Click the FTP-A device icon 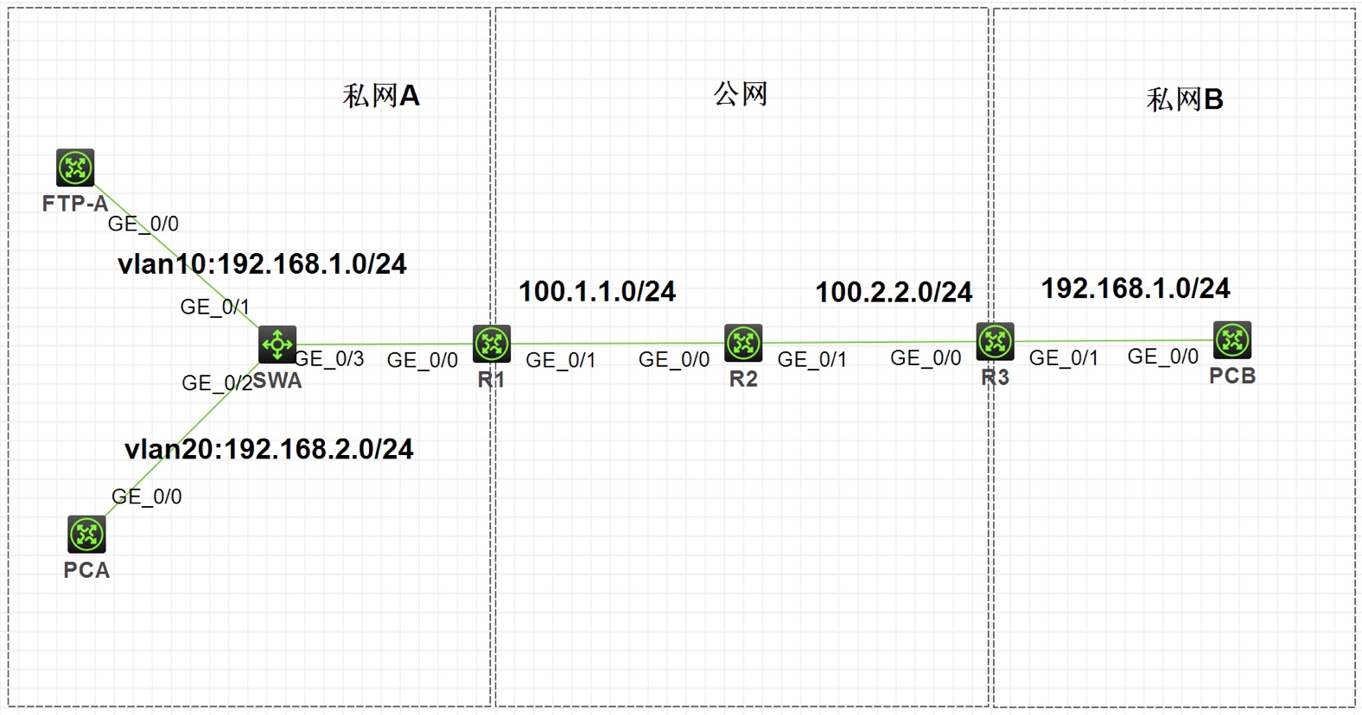coord(75,168)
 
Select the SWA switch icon coord(277,345)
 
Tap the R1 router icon coord(492,344)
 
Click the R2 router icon coord(743,343)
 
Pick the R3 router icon coord(995,342)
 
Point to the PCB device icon coord(1232,340)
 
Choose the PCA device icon coord(86,535)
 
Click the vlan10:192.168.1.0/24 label coord(262,264)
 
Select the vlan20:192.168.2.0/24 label coord(269,449)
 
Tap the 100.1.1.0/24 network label coord(597,292)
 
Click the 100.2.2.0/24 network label coord(894,293)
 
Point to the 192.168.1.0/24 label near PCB coord(1136,288)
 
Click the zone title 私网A coord(381,96)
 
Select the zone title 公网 coord(741,94)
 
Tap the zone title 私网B coord(1185,100)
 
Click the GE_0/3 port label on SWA coord(329,359)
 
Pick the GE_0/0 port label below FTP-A coord(143,225)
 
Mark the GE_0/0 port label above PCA coord(147,497)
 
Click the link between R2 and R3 coord(869,343)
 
